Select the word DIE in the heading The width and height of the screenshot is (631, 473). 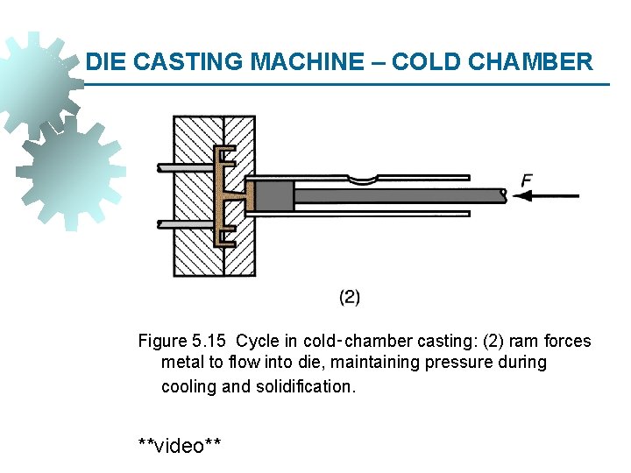[x=105, y=62]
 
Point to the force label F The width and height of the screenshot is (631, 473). [x=526, y=180]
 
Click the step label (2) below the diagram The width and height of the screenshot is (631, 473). [x=350, y=297]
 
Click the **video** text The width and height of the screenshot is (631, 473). [x=180, y=446]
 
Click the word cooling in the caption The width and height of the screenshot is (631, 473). [x=188, y=386]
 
